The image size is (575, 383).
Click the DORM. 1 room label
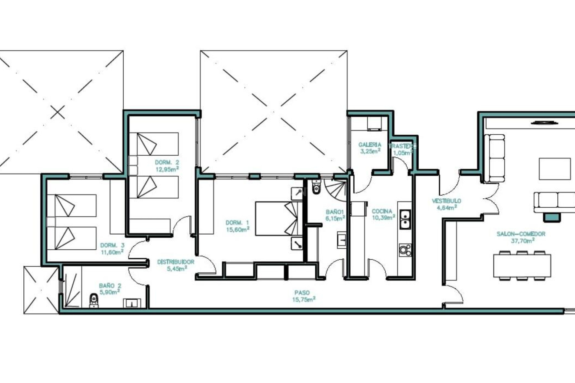[x=237, y=223]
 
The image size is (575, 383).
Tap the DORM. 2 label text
[x=167, y=162]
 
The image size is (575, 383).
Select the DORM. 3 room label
[x=112, y=245]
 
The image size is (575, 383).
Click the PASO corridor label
[x=302, y=293]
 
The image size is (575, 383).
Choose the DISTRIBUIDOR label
[x=176, y=262]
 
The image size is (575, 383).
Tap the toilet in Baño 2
[x=94, y=300]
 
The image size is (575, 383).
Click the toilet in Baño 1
[x=316, y=187]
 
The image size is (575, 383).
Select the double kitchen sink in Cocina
[x=405, y=219]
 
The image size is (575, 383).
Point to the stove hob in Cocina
[x=405, y=250]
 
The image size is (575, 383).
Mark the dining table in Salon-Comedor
[x=522, y=265]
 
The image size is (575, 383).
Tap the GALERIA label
[x=370, y=145]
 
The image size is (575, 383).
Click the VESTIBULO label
[x=446, y=201]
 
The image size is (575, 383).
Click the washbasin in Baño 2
[x=132, y=303]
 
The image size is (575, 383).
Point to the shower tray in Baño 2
[x=72, y=287]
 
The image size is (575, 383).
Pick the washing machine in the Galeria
[x=374, y=124]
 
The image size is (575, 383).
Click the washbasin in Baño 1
[x=342, y=239]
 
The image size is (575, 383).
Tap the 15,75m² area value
[x=304, y=300]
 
